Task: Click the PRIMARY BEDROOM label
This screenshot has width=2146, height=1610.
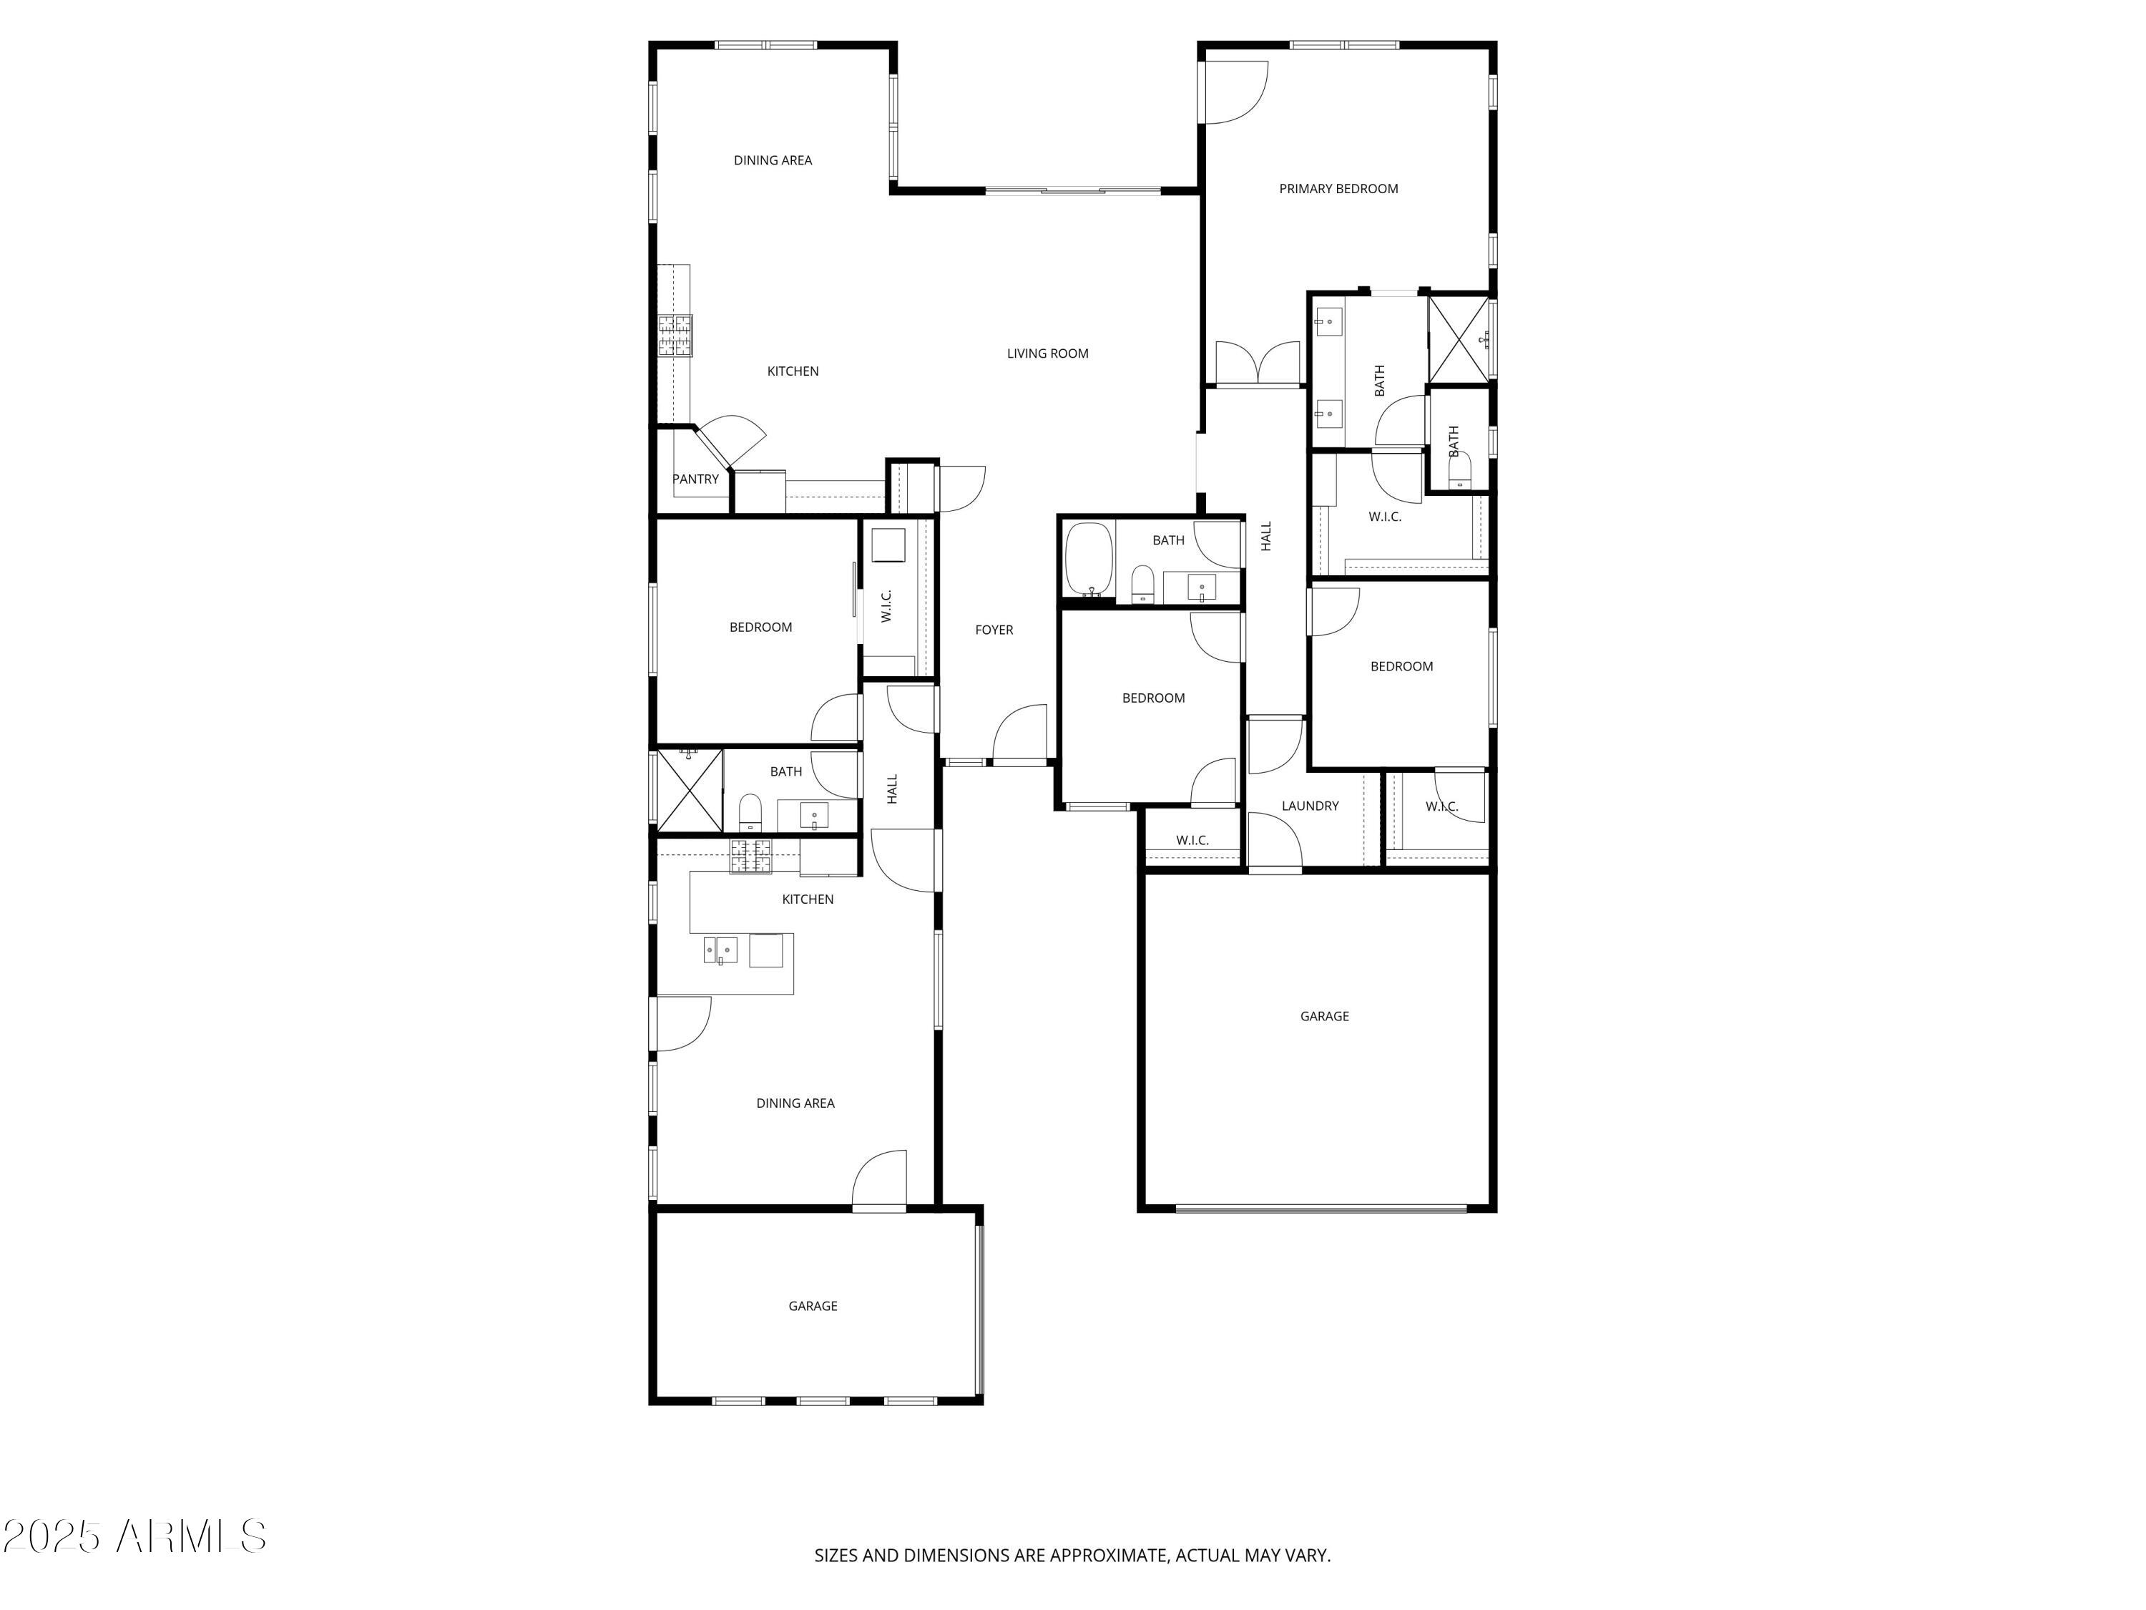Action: (1338, 188)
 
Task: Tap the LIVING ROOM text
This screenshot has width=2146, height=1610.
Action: (1047, 353)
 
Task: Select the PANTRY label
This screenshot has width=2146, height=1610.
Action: (695, 479)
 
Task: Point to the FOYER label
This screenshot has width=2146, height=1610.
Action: (994, 630)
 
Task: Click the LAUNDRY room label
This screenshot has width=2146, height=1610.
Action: (1309, 806)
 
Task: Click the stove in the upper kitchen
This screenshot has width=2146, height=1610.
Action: (675, 336)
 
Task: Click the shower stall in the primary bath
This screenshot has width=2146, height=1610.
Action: (1458, 338)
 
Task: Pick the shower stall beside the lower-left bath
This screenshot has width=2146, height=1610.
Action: (689, 790)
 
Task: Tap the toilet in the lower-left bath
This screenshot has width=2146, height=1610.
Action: (750, 810)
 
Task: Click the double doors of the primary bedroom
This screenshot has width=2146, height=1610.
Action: (1258, 363)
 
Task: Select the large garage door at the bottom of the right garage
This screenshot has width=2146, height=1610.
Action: (1321, 1209)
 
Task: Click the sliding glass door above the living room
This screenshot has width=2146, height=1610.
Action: (1072, 190)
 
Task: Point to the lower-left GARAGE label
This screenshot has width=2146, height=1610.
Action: (812, 1305)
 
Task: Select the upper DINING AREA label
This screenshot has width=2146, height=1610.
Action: (773, 160)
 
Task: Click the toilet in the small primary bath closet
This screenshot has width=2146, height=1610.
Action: (1459, 472)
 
